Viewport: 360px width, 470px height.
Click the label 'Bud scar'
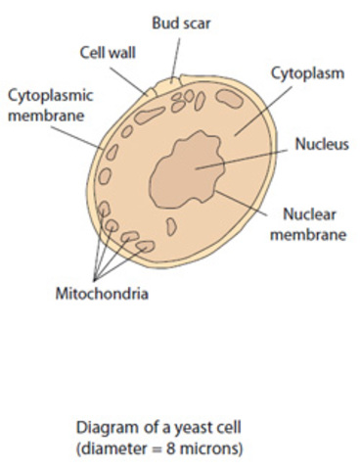(180, 22)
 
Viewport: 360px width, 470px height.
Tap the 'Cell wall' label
(107, 53)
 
